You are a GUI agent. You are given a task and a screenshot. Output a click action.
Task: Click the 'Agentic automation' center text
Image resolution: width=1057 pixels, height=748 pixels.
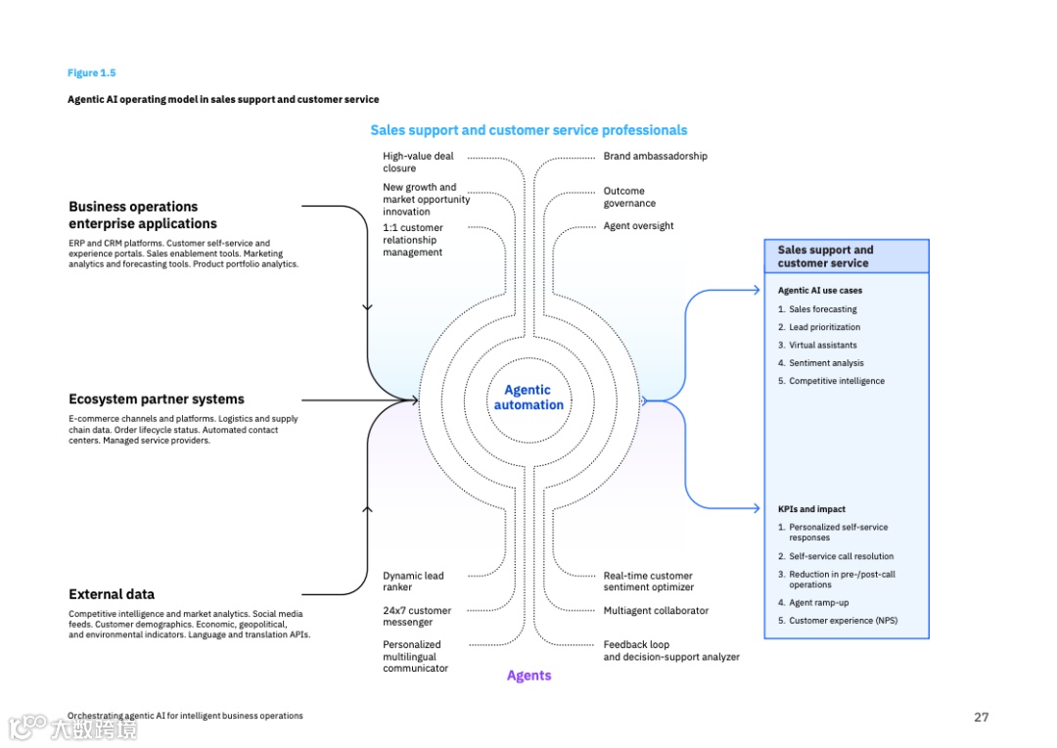point(528,397)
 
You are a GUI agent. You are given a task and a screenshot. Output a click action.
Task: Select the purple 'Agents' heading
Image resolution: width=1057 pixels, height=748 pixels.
point(528,676)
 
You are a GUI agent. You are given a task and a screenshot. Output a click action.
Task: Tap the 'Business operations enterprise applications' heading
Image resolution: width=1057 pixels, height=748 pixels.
point(143,214)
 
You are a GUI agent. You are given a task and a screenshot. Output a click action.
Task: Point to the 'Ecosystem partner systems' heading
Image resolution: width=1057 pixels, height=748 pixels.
point(157,399)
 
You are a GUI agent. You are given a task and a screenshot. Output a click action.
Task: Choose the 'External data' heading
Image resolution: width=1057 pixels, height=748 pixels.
point(112,594)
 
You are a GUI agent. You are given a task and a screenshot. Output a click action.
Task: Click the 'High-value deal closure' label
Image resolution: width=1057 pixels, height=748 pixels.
point(418,162)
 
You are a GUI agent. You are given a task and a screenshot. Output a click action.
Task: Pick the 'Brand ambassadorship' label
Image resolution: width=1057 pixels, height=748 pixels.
point(655,157)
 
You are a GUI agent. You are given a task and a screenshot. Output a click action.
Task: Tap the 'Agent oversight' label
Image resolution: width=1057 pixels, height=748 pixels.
point(638,226)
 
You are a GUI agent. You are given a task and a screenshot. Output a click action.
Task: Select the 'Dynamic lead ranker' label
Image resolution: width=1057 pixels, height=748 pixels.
point(413,582)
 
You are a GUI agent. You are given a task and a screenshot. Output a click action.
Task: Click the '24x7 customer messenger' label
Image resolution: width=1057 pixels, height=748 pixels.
point(417,616)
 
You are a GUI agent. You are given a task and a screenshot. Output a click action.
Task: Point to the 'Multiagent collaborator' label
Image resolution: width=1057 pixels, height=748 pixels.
point(656,611)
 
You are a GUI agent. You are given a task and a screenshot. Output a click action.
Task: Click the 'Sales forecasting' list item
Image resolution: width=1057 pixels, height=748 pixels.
point(822,309)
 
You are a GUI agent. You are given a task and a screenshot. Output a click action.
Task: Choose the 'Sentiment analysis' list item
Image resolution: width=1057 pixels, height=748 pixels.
point(826,363)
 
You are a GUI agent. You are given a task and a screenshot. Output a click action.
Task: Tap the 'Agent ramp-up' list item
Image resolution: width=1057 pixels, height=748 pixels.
point(818,603)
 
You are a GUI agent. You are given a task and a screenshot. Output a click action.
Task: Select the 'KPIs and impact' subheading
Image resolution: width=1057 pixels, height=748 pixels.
point(811,509)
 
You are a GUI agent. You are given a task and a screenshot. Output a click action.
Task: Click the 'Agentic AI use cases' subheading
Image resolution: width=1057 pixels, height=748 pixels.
point(820,291)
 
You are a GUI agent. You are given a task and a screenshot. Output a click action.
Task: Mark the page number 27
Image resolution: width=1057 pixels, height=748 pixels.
point(981,717)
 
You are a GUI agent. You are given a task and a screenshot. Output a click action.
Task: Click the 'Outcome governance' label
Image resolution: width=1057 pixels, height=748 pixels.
point(629,197)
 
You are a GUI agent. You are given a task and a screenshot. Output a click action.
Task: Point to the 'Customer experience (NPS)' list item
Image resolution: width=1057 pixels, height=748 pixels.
point(843,621)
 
